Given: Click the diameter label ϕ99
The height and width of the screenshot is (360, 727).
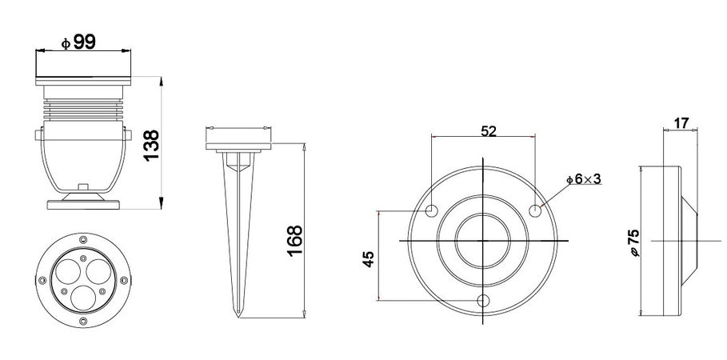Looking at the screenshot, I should click(x=78, y=42).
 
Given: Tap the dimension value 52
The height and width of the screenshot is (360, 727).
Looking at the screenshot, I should click(x=489, y=131).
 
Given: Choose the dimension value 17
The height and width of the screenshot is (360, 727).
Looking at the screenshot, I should click(x=681, y=124).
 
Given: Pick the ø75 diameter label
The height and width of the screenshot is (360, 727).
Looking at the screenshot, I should click(x=634, y=242).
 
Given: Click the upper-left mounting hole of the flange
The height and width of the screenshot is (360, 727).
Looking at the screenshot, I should click(x=432, y=211).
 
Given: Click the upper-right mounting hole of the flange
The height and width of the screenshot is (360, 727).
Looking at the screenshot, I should click(x=536, y=210).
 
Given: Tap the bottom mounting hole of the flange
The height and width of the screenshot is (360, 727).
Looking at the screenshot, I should click(x=483, y=301).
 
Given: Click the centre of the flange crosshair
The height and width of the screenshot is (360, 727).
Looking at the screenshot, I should click(x=484, y=241).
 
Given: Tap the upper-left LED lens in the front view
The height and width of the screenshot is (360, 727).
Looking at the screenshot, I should click(x=70, y=270).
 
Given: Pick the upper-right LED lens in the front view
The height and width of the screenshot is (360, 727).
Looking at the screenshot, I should click(x=96, y=272).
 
